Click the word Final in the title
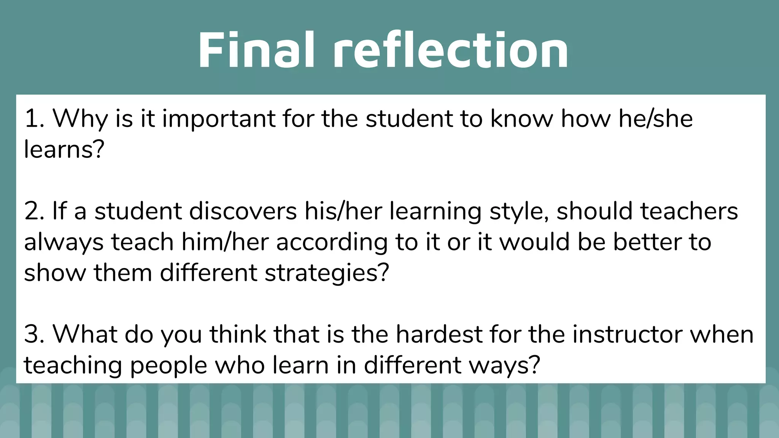[256, 50]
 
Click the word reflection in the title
[451, 50]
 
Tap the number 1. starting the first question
[34, 119]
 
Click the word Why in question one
[80, 119]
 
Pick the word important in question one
[219, 119]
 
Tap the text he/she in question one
[655, 119]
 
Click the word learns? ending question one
[64, 149]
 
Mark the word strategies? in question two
[327, 273]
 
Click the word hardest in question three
[439, 335]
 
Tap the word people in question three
[169, 365]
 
